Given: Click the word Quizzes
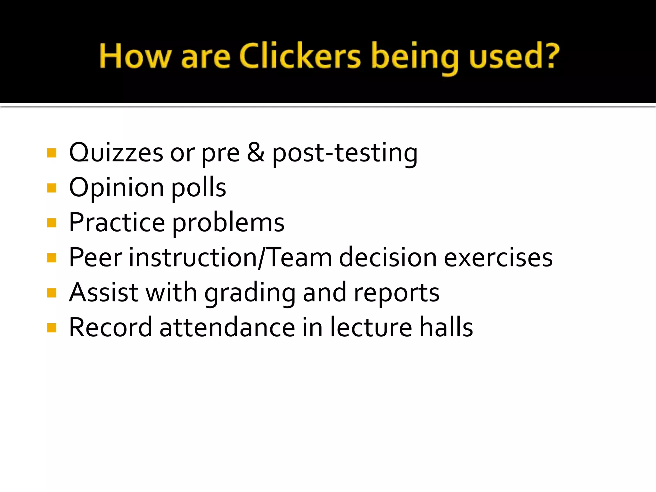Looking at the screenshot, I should click(x=116, y=153).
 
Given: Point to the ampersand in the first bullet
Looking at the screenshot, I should click(x=256, y=152).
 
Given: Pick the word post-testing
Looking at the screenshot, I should click(x=345, y=154).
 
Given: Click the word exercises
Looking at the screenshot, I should click(x=498, y=258).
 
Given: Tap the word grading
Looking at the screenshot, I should click(x=250, y=293).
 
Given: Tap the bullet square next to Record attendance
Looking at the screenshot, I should click(x=52, y=328).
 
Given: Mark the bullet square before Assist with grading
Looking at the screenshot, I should click(x=52, y=293).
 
